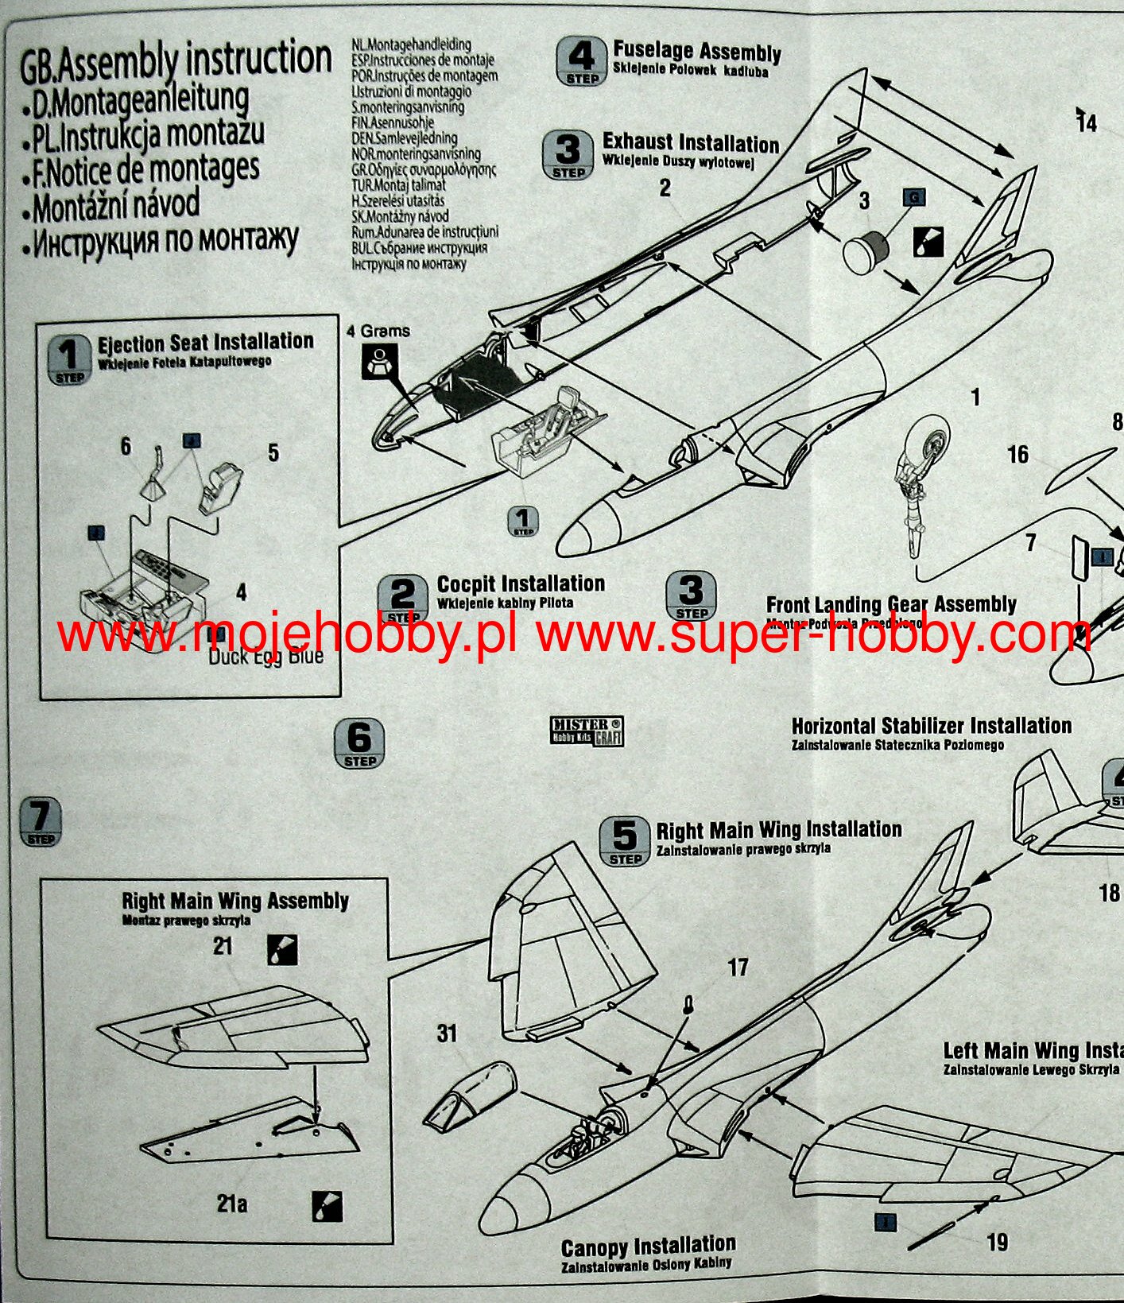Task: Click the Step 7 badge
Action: click(40, 821)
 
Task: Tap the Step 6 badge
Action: click(359, 743)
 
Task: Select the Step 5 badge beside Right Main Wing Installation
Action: click(625, 841)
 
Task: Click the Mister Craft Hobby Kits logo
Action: click(587, 731)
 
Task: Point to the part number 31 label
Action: click(448, 1033)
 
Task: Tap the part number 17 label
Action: click(738, 967)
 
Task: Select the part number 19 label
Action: click(997, 1241)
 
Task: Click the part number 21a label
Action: click(232, 1204)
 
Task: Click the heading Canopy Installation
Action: click(648, 1246)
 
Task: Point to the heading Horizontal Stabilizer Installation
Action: click(931, 726)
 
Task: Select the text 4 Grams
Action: click(378, 331)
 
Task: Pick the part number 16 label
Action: click(1017, 455)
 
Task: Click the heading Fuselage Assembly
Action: click(696, 52)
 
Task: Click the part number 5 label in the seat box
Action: click(273, 452)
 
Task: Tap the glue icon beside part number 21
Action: click(282, 949)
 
